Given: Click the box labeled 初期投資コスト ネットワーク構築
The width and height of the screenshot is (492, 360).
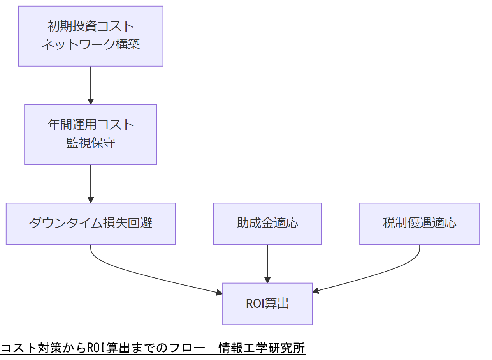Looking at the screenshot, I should click(90, 36).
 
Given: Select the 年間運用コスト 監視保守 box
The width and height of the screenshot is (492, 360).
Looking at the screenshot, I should click(90, 134).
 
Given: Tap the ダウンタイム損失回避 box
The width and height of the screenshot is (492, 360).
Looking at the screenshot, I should click(90, 224).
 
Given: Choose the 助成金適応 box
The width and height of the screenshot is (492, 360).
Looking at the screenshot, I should click(267, 224).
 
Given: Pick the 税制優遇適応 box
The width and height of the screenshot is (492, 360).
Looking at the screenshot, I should click(419, 224).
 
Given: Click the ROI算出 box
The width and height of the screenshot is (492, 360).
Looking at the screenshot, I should click(267, 304).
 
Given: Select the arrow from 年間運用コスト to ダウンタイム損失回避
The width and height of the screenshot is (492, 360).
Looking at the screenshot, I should click(91, 184).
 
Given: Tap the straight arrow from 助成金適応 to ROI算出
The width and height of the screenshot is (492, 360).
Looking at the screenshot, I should click(267, 263).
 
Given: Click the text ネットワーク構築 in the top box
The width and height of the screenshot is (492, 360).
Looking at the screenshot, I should click(90, 44).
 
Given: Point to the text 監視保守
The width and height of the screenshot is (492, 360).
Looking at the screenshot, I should click(90, 143).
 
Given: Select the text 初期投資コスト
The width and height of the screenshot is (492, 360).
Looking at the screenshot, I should click(90, 26).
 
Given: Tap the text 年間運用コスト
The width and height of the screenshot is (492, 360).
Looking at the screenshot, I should click(90, 125).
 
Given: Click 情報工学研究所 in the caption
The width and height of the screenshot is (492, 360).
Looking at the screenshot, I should click(262, 348).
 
